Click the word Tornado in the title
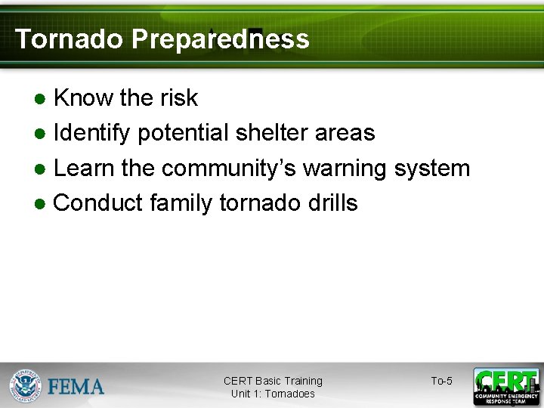70,39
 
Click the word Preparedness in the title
220,39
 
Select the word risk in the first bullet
178,97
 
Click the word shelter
270,133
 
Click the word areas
346,133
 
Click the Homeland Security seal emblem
25,386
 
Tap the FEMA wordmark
76,387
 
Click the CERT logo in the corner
505,386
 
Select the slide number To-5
441,381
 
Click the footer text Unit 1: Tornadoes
273,394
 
